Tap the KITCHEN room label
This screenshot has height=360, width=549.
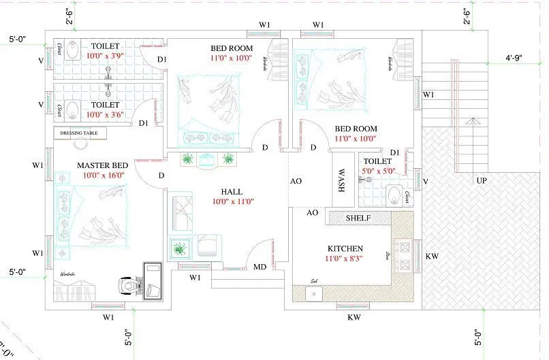(x=345, y=248)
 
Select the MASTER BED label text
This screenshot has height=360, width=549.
(x=101, y=165)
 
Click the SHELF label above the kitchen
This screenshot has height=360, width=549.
(x=358, y=218)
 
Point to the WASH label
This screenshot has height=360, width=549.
(x=342, y=181)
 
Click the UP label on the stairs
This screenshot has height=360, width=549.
(x=482, y=182)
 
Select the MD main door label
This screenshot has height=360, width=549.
(x=260, y=267)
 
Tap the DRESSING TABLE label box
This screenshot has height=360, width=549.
(x=80, y=133)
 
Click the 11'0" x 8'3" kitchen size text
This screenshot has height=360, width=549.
(x=345, y=259)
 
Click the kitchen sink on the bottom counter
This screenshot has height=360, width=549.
(x=314, y=293)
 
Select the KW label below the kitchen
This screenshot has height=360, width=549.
(x=354, y=317)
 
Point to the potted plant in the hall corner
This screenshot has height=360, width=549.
(x=178, y=249)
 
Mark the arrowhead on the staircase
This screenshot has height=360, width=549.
(x=470, y=121)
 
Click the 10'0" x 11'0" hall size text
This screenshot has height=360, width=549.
(x=232, y=201)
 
